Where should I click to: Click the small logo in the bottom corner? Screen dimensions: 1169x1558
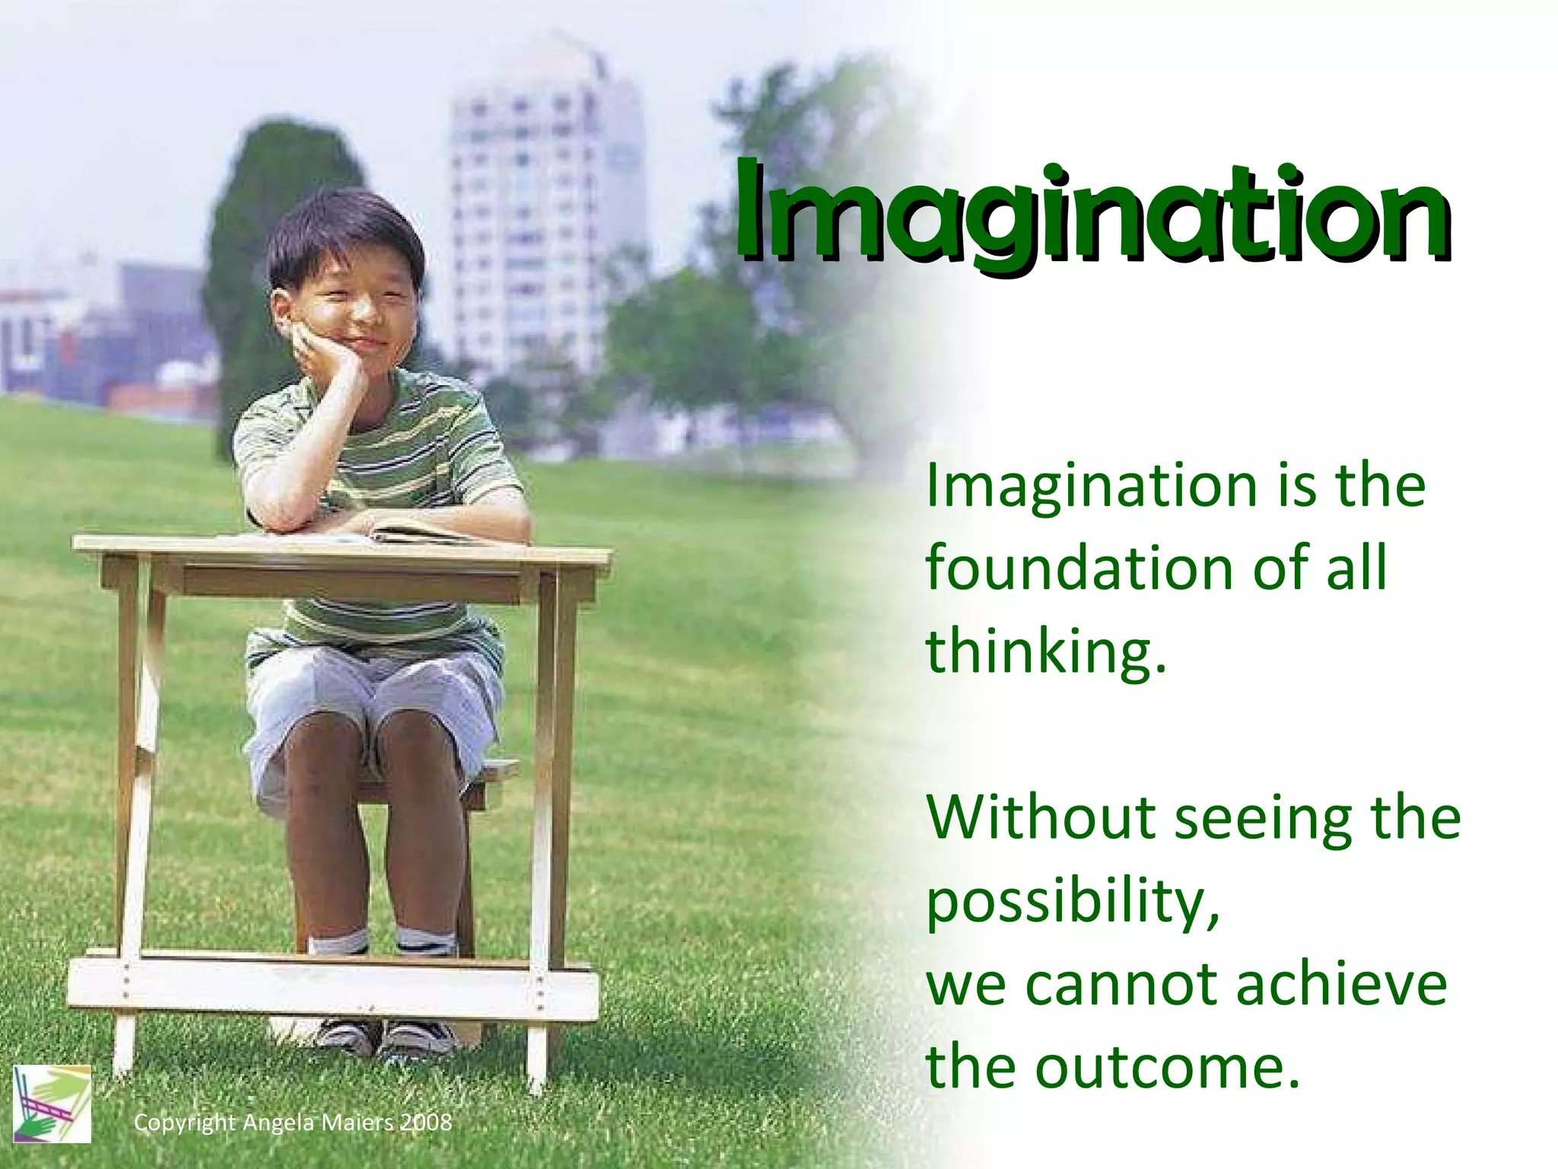click(52, 1104)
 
